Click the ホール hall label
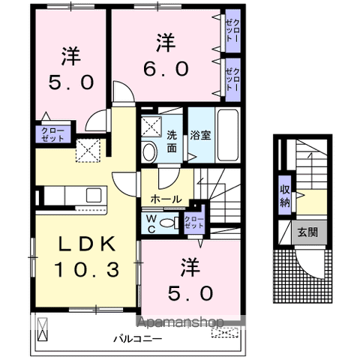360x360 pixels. coord(165,199)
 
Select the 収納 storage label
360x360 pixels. coord(286,194)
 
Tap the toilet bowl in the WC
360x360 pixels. coord(173,222)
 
